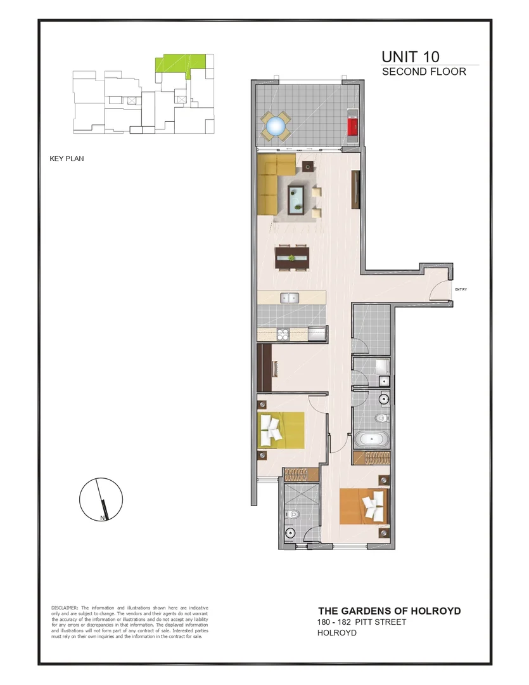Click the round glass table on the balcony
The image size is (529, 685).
pyautogui.click(x=276, y=126)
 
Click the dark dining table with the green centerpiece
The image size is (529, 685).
pyautogui.click(x=291, y=258)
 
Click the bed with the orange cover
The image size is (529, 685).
pyautogui.click(x=364, y=506)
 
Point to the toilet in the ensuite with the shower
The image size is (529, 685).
pyautogui.click(x=291, y=533)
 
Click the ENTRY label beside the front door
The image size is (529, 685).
pyautogui.click(x=461, y=290)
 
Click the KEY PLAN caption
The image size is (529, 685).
pyautogui.click(x=67, y=159)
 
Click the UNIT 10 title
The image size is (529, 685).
pyautogui.click(x=410, y=56)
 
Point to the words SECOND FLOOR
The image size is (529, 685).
pyautogui.click(x=424, y=72)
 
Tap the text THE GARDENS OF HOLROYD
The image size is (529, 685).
pyautogui.click(x=389, y=611)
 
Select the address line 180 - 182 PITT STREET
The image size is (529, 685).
pyautogui.click(x=362, y=622)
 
